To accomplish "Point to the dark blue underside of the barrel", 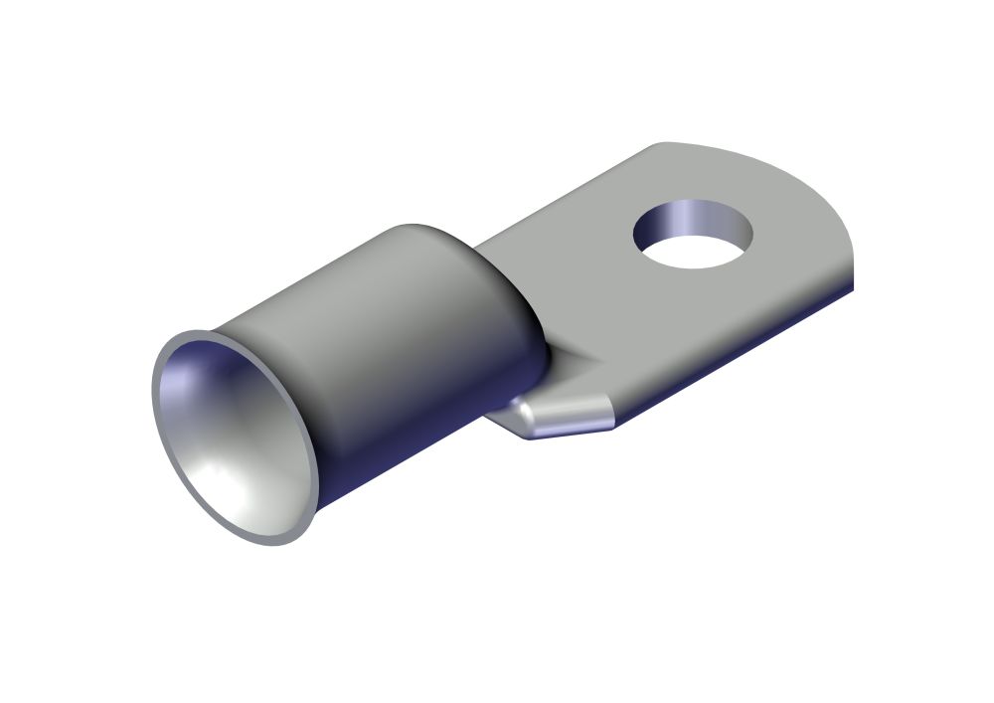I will click(x=417, y=438).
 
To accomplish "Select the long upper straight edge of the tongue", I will click(x=557, y=199).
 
